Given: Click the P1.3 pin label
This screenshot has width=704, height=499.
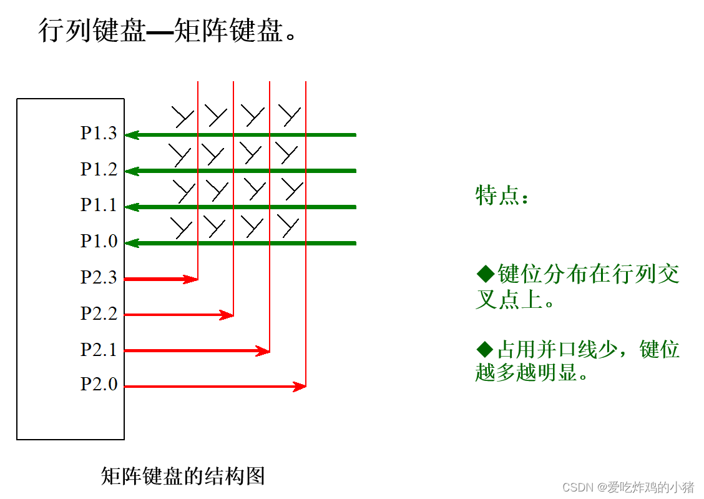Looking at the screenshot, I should coord(99,134).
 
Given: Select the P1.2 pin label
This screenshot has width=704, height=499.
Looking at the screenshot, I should coord(99,170).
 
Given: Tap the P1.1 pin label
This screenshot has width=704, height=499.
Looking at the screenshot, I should coord(99,205).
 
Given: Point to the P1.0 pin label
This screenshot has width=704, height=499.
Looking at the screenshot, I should coord(99,242).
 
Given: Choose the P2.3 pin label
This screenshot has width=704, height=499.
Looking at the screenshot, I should coord(99,278).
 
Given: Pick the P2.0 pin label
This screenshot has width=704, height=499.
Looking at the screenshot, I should coord(99,385).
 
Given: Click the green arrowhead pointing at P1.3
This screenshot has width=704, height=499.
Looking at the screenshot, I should coord(132,135).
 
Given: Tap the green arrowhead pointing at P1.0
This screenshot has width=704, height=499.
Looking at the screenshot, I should coord(132,243).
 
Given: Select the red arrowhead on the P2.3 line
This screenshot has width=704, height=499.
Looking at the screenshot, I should coord(192,279).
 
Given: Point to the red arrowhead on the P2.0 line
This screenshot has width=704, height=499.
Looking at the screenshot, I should coord(300,387).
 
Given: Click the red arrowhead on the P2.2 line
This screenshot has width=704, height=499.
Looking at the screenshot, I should coord(227,315).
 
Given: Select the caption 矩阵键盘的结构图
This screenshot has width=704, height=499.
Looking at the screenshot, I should coord(183,476).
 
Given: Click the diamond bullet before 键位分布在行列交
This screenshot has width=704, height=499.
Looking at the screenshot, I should coord(485,274).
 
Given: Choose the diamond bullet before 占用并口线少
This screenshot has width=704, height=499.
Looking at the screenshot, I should coord(485,349).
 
